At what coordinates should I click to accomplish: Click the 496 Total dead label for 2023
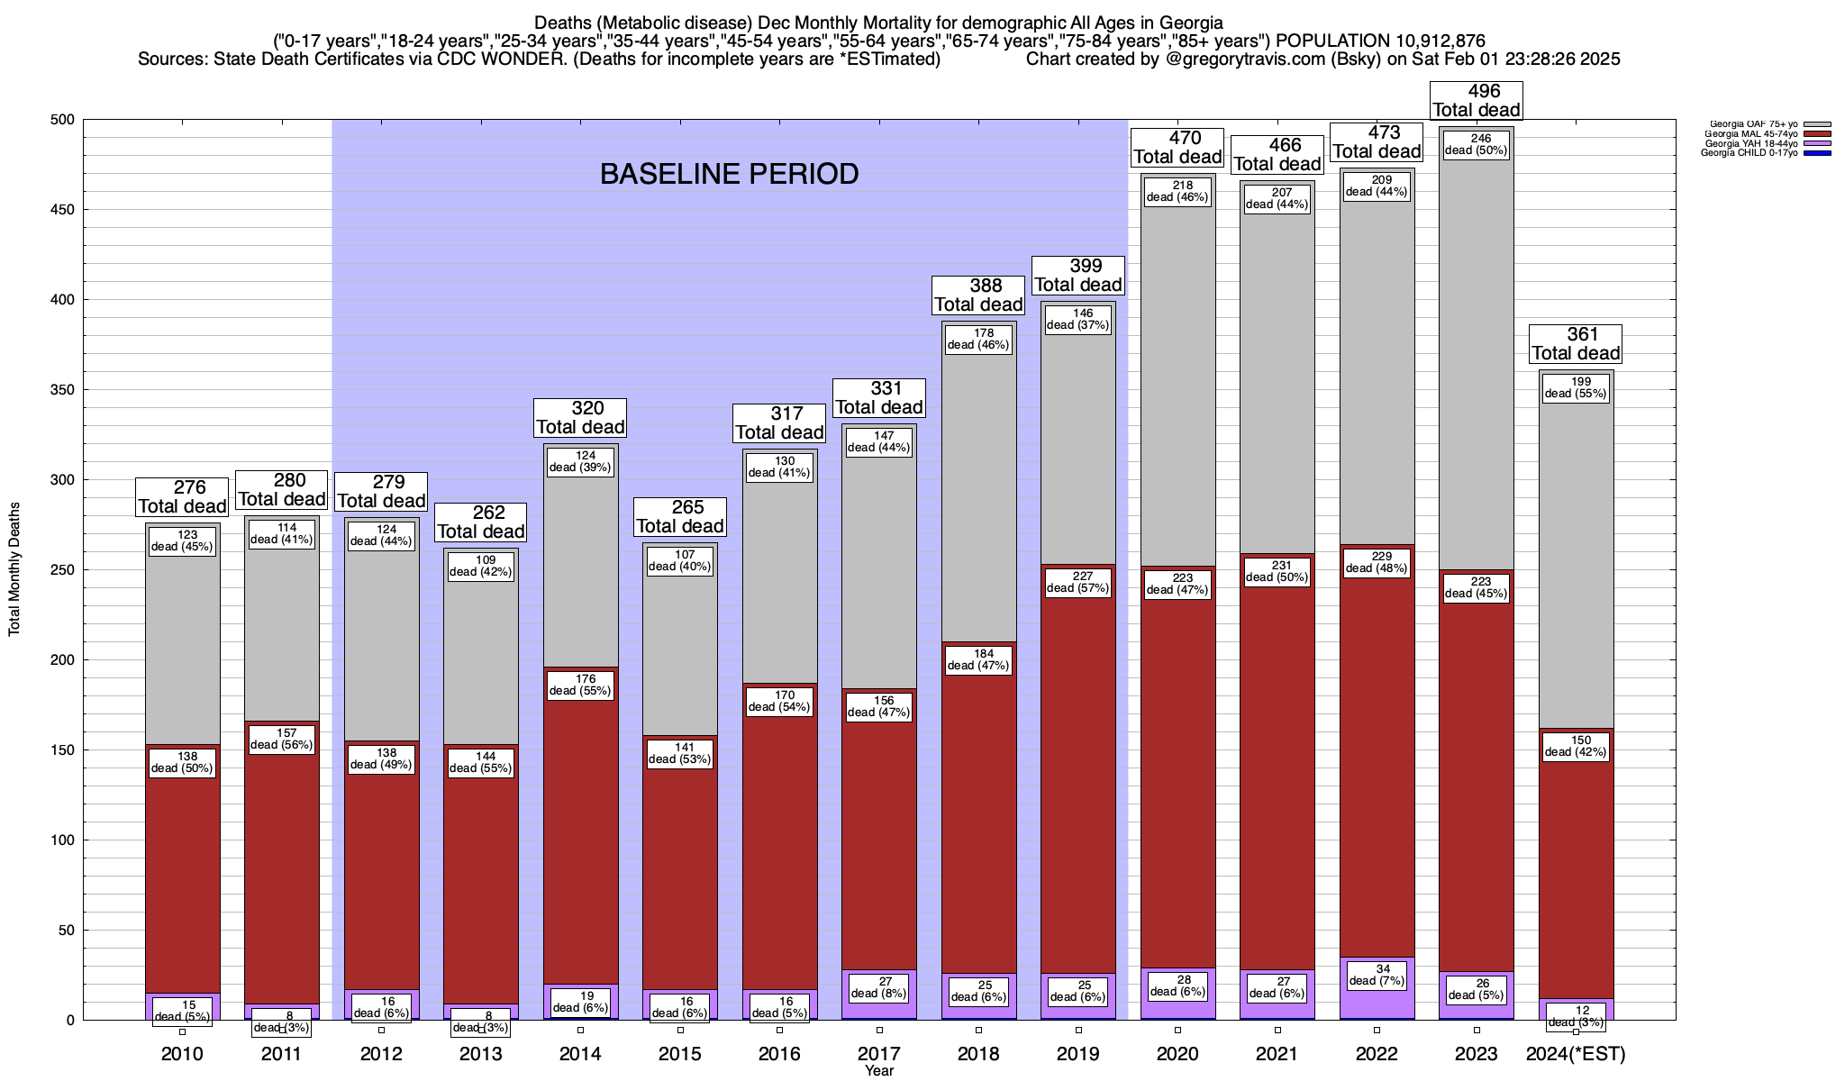(x=1477, y=100)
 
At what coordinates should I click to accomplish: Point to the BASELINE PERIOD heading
(x=729, y=174)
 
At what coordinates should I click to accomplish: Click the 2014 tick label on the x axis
(x=580, y=1054)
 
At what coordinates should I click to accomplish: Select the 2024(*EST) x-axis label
(x=1576, y=1054)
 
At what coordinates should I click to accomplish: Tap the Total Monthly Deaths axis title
(x=14, y=569)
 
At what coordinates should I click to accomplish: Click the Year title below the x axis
(x=878, y=1071)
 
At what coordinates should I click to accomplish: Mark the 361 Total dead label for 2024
(x=1576, y=344)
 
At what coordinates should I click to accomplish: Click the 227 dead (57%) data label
(x=1078, y=582)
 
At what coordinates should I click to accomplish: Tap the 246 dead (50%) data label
(x=1477, y=145)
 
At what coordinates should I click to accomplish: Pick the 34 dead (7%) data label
(x=1377, y=975)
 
